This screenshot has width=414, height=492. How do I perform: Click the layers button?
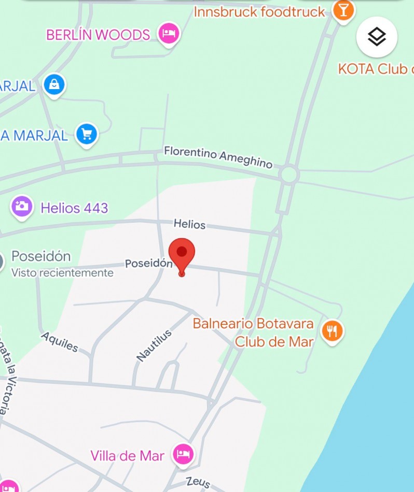point(377,37)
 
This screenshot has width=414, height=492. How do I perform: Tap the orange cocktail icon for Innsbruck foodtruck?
point(343,10)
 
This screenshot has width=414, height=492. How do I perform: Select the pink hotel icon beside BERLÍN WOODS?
point(169,34)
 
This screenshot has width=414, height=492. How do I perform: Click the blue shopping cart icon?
point(86,135)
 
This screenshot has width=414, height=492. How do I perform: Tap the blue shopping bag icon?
point(54,84)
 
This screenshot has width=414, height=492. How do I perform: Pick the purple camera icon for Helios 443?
point(22,207)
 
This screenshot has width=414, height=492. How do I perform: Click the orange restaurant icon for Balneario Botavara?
point(332,331)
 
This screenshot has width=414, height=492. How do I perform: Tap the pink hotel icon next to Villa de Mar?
point(183,455)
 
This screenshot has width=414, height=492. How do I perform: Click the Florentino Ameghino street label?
point(218,156)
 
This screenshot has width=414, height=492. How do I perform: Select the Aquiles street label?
point(60,342)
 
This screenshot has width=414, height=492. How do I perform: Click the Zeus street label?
point(198,482)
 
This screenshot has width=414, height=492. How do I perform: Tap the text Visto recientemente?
point(62,272)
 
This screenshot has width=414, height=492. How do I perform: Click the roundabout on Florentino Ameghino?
point(288,175)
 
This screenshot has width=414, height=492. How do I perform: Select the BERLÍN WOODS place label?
point(98,35)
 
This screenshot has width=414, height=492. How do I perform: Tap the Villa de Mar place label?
point(127,456)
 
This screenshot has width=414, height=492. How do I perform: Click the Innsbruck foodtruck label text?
point(259,11)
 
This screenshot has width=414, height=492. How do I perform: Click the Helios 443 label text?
point(74,208)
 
